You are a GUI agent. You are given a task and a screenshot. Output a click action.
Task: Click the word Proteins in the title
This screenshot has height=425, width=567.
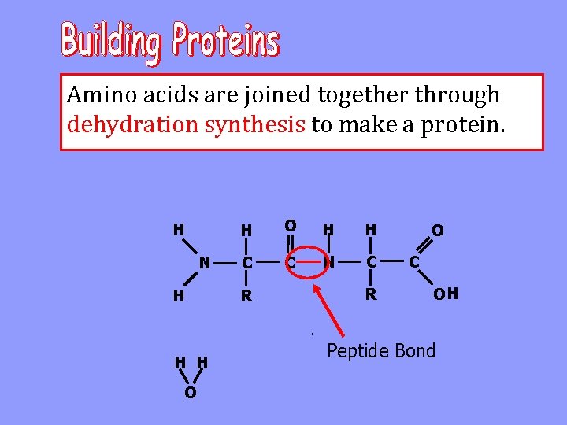point(226,41)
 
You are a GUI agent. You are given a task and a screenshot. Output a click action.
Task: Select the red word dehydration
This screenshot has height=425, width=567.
point(133,124)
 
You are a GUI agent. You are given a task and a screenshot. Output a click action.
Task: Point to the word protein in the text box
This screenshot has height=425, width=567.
point(461,124)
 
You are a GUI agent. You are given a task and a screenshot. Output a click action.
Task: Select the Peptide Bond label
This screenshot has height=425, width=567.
point(381,351)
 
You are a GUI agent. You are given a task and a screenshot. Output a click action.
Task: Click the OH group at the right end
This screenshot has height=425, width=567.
point(446,295)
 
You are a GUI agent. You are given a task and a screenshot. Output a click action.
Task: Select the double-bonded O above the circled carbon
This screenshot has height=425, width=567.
point(291,226)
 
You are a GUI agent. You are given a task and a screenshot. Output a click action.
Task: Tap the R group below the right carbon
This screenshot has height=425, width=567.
point(371,296)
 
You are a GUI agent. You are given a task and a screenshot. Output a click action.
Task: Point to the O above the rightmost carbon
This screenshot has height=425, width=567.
point(437,230)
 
